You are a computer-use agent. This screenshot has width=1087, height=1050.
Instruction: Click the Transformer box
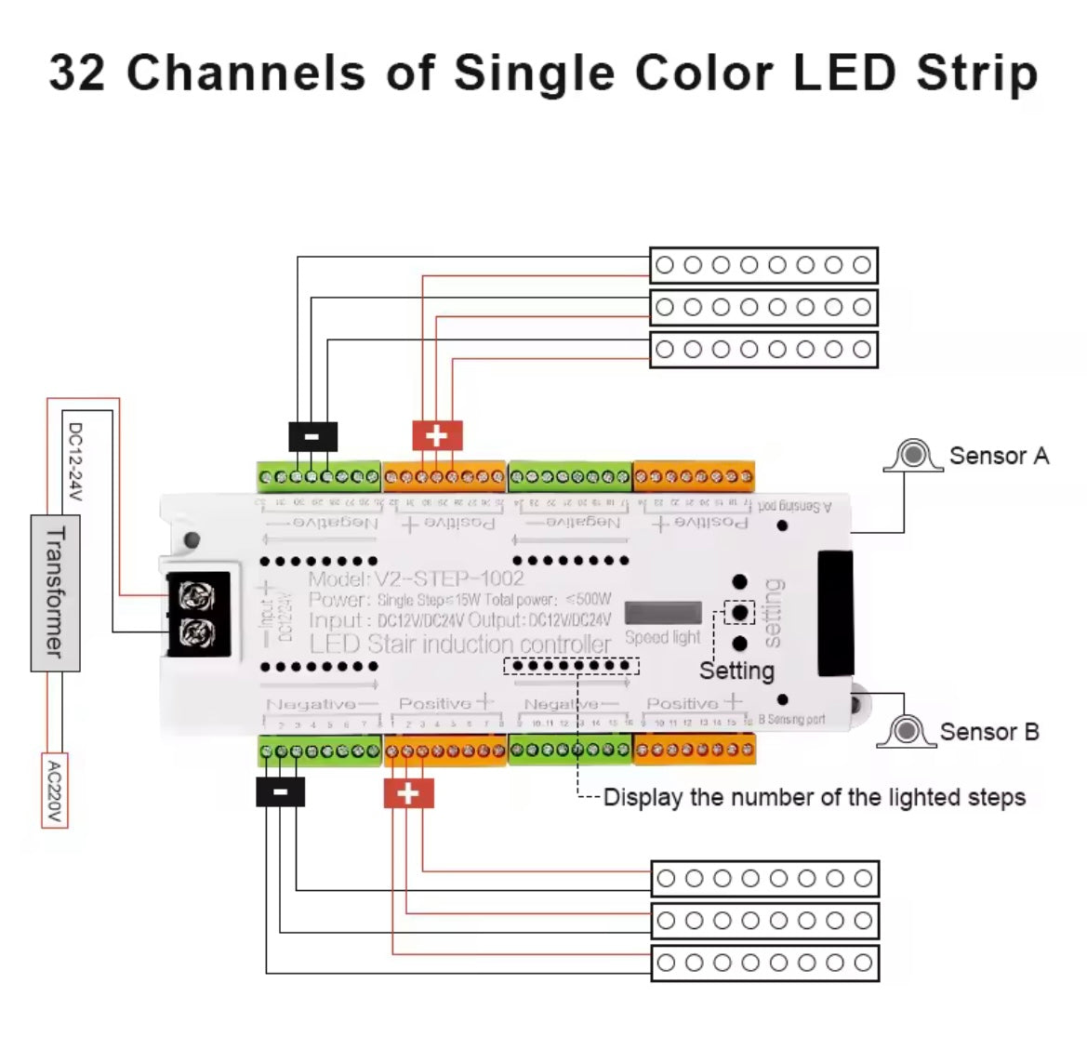tap(55, 592)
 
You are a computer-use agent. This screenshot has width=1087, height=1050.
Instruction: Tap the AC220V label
tap(55, 790)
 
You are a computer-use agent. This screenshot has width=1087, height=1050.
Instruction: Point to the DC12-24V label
tap(75, 461)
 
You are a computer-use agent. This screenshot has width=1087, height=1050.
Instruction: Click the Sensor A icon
tap(913, 456)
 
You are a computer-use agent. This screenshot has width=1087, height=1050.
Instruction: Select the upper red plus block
tap(437, 435)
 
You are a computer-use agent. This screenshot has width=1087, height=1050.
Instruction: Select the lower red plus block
tap(408, 793)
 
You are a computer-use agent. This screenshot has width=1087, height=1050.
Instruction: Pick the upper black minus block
tap(312, 436)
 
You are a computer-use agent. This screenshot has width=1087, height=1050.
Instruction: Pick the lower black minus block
tap(280, 792)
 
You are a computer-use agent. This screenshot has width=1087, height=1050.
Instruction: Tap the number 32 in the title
tap(78, 73)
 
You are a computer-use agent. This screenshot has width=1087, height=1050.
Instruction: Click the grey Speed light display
tap(663, 613)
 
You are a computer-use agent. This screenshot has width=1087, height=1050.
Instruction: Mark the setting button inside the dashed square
tap(739, 613)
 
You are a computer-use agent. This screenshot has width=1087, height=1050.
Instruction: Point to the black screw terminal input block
tap(196, 614)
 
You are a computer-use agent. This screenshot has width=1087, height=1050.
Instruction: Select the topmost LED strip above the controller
tap(762, 265)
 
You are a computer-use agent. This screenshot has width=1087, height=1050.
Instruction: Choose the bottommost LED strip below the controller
tap(764, 963)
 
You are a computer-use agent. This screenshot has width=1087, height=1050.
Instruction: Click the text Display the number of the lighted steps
tap(814, 797)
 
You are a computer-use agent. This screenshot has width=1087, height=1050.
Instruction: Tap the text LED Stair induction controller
tap(459, 645)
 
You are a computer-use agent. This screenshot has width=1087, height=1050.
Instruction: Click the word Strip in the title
tap(976, 73)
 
